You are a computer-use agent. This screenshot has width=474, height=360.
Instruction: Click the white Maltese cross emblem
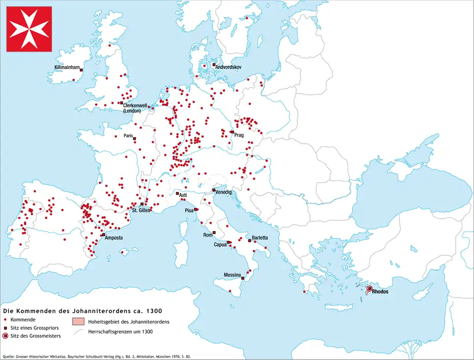[x=29, y=29]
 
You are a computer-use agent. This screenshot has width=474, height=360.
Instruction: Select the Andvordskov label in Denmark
[x=228, y=67]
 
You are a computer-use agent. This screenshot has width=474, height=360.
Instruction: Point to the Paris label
[x=129, y=136]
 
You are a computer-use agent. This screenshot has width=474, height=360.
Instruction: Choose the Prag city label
[x=239, y=135]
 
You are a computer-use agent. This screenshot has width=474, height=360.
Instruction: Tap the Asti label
[x=183, y=196]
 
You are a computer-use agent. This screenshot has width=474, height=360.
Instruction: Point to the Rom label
[x=208, y=235]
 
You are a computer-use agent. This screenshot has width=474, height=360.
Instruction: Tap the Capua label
[x=220, y=244]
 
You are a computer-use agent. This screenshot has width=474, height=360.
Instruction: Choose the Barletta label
[x=260, y=238]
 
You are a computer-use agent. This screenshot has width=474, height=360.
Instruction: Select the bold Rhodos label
[x=380, y=291]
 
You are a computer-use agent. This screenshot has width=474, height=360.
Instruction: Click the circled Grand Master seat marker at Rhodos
[x=370, y=288]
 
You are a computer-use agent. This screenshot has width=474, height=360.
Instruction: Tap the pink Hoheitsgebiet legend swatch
[x=79, y=322]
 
